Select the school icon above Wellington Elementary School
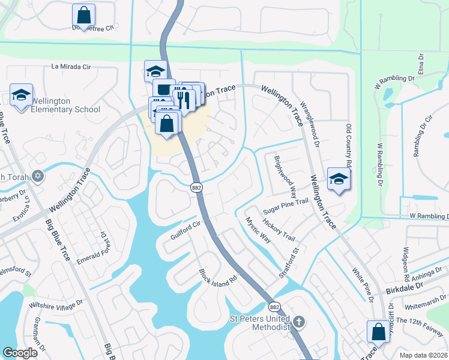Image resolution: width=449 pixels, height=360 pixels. [21, 95]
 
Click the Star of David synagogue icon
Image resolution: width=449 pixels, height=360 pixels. [38, 176]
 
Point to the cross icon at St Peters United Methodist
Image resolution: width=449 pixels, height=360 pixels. [299, 322]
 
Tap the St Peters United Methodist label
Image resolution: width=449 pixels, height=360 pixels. [261, 322]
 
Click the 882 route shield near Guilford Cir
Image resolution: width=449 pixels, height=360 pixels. [196, 188]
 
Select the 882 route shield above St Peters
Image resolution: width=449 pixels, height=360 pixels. [273, 306]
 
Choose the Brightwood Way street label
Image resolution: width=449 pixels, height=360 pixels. [285, 178]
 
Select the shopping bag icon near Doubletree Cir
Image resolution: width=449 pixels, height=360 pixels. [83, 16]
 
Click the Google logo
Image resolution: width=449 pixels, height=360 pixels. [20, 353]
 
